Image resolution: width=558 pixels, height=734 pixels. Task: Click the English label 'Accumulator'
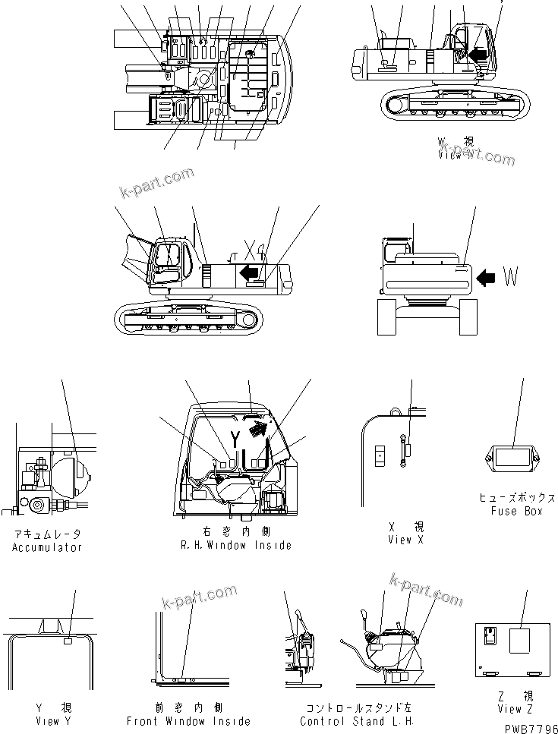point(47,547)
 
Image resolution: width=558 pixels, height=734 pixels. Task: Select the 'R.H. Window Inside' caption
point(235,545)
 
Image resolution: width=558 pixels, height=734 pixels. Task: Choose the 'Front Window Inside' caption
point(188,721)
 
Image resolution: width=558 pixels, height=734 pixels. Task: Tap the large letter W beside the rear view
point(510,279)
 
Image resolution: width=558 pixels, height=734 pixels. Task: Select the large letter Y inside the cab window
point(235,439)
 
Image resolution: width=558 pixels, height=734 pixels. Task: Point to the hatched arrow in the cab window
point(258,430)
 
